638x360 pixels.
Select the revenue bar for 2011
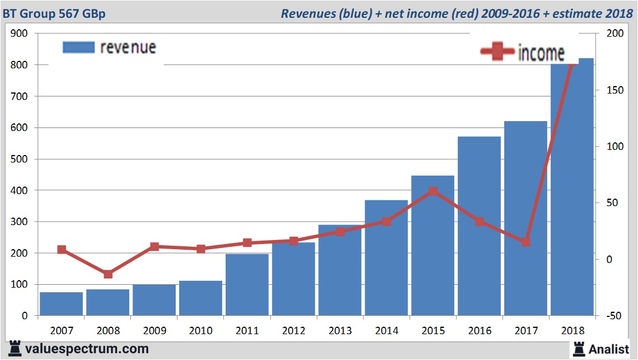click(x=247, y=285)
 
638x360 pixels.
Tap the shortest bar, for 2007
click(x=61, y=304)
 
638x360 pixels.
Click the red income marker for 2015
click(x=433, y=191)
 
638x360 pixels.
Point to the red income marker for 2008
click(x=108, y=274)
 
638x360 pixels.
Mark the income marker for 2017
click(x=526, y=242)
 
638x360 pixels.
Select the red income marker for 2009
click(x=154, y=247)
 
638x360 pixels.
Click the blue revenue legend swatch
click(x=78, y=48)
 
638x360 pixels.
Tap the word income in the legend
click(x=541, y=53)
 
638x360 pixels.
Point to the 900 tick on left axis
click(x=20, y=33)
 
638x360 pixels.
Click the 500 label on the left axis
click(x=20, y=159)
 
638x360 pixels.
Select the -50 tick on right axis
click(x=614, y=316)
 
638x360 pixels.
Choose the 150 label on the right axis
click(x=615, y=90)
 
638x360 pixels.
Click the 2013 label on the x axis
click(x=340, y=331)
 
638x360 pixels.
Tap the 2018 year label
click(x=573, y=331)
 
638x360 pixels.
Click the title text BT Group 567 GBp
click(x=54, y=13)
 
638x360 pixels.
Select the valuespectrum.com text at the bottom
click(x=86, y=349)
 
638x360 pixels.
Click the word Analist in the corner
click(x=609, y=349)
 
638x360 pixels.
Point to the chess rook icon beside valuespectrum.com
click(x=16, y=349)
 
